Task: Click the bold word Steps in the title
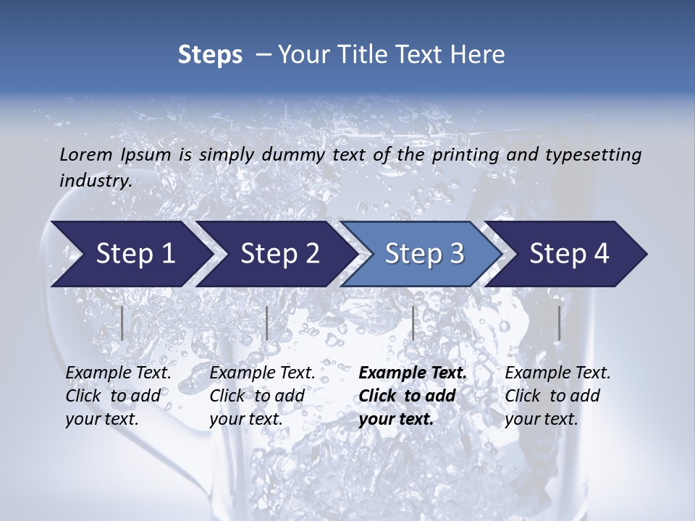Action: click(x=210, y=54)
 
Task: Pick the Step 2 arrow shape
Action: click(x=277, y=253)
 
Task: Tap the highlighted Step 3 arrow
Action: click(x=421, y=253)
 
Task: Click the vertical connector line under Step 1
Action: click(x=122, y=323)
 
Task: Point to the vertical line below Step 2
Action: click(x=267, y=323)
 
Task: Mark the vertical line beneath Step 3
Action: click(x=413, y=323)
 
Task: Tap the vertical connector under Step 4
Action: click(x=559, y=323)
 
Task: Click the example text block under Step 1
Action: click(x=118, y=396)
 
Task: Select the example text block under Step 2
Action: click(x=262, y=396)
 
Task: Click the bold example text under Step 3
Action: click(x=413, y=396)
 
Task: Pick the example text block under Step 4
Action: click(x=557, y=396)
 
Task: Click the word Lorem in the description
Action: click(x=86, y=154)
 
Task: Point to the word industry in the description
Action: click(x=95, y=181)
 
